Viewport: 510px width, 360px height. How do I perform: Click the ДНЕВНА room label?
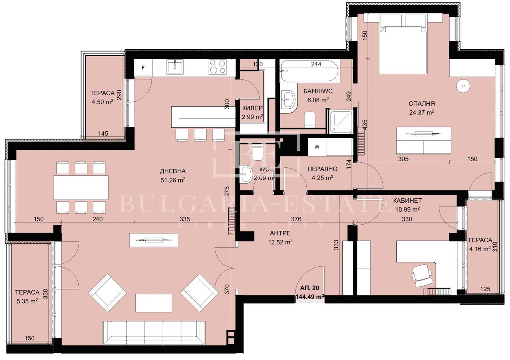click(x=173, y=171)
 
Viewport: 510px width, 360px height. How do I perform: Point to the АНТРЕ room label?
click(x=280, y=233)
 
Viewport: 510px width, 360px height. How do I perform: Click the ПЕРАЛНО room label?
click(x=322, y=169)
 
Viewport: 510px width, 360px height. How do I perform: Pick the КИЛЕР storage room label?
click(x=252, y=108)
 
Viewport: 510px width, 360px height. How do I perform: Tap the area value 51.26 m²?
click(x=173, y=180)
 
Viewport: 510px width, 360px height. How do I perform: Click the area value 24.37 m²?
click(x=422, y=112)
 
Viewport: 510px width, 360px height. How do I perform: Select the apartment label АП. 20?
click(x=309, y=288)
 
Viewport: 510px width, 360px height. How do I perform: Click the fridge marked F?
click(x=143, y=68)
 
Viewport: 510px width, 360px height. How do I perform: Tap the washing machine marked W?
click(x=317, y=147)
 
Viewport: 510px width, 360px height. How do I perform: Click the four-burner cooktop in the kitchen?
click(x=218, y=67)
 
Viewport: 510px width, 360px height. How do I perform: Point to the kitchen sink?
click(x=175, y=67)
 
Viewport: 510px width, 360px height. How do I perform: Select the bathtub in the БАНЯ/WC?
click(x=310, y=71)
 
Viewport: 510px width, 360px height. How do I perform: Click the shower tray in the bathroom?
click(x=341, y=122)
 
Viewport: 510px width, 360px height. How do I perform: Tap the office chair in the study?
click(x=422, y=275)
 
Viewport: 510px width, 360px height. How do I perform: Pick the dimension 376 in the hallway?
click(x=296, y=219)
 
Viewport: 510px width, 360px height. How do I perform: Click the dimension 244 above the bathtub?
click(x=316, y=64)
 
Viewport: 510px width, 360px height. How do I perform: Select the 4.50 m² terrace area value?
click(x=103, y=102)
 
